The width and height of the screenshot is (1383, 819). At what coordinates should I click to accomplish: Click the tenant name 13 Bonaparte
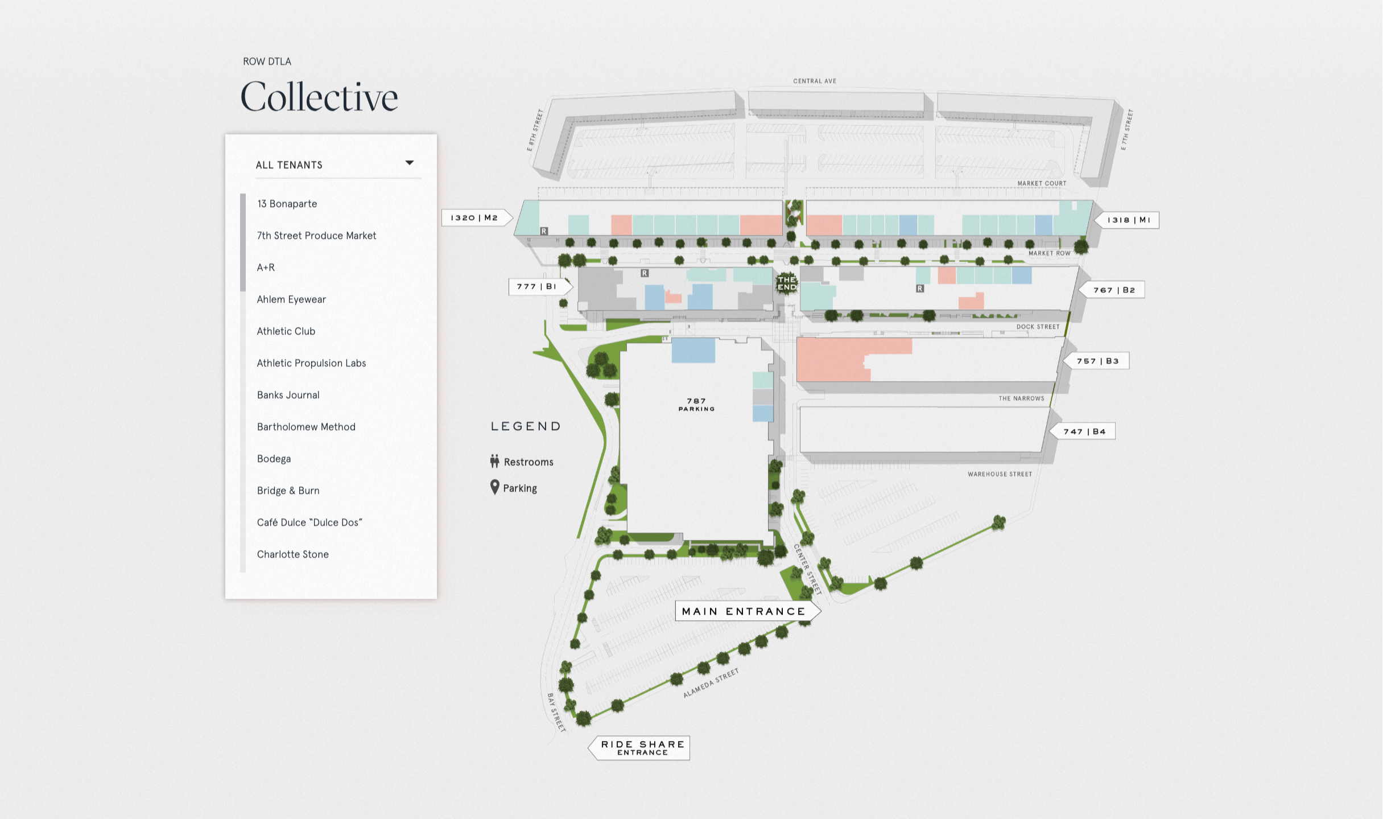(287, 204)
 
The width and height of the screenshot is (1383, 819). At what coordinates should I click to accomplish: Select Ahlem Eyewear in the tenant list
(291, 299)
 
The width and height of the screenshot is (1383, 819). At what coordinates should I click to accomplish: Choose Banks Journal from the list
(288, 395)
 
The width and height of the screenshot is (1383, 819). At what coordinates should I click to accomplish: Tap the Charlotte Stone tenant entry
(292, 554)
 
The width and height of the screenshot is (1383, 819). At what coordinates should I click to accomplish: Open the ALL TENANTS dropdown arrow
(409, 163)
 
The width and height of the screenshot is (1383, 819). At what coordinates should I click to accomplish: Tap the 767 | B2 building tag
(1112, 290)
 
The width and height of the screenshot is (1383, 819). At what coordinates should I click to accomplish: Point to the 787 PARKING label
(696, 405)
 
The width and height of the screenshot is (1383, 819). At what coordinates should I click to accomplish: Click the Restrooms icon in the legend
(494, 461)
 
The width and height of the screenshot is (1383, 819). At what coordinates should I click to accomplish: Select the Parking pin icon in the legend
(495, 487)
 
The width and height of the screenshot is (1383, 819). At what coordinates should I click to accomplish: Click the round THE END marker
(787, 283)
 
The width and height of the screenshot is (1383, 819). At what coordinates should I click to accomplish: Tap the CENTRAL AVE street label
(815, 81)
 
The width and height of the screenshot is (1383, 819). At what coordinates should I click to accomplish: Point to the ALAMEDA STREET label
(711, 683)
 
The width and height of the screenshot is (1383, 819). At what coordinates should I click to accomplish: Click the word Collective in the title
(319, 96)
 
